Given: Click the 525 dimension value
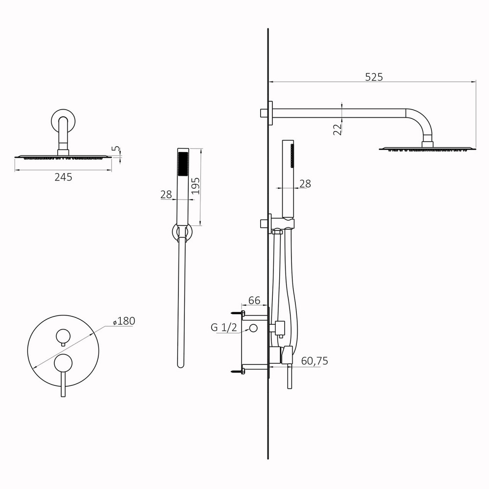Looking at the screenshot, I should tap(374, 77).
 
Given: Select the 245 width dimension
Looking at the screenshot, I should tap(63, 177).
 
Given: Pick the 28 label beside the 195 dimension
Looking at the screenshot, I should tap(166, 194).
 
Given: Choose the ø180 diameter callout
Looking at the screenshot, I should tap(124, 321).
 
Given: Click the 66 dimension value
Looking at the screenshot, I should tap(254, 300).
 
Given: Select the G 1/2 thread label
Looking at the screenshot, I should tap(224, 328).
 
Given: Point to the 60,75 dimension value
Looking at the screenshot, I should tap(314, 361).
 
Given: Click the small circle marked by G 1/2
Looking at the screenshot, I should tap(253, 328).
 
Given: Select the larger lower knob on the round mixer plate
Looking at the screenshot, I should tap(63, 364).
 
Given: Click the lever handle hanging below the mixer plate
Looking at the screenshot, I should tap(63, 386).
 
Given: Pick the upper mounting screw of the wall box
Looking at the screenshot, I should tap(237, 312).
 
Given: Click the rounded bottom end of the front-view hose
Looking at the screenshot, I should tap(181, 364).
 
